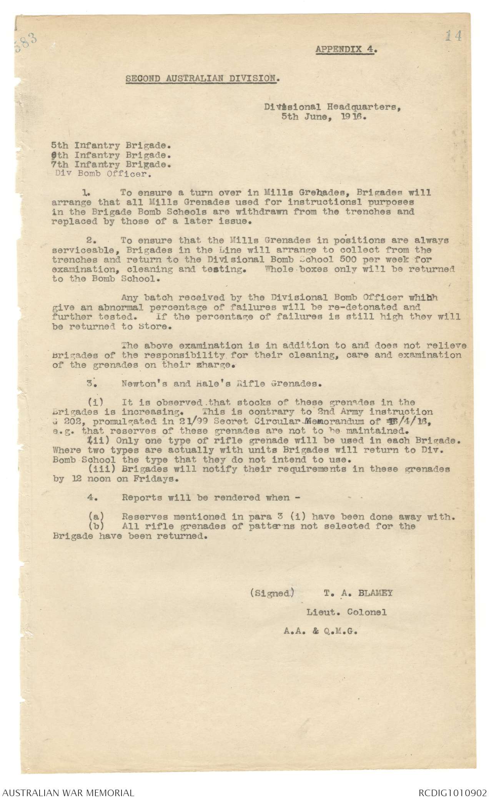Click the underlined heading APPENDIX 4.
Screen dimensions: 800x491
(346, 49)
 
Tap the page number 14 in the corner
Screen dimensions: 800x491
(453, 36)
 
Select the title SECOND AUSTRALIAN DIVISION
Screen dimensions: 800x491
(203, 78)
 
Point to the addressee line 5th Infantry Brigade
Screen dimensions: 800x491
(112, 146)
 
